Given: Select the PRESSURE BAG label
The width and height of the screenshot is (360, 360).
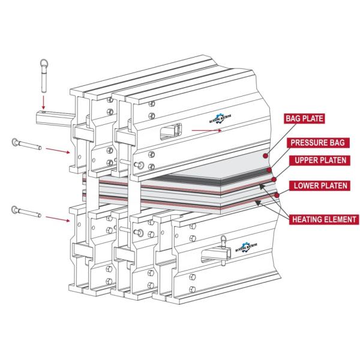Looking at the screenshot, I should click(x=318, y=143).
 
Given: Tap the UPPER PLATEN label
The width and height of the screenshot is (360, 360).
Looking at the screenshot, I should click(x=317, y=161).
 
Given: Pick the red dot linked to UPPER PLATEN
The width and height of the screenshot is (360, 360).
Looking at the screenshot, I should click(x=274, y=179).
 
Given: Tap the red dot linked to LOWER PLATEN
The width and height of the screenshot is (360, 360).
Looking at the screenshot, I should click(x=277, y=194).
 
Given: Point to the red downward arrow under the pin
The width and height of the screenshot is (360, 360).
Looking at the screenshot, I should click(x=44, y=99).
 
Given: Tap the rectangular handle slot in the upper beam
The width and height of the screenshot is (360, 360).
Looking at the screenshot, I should click(x=172, y=128).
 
